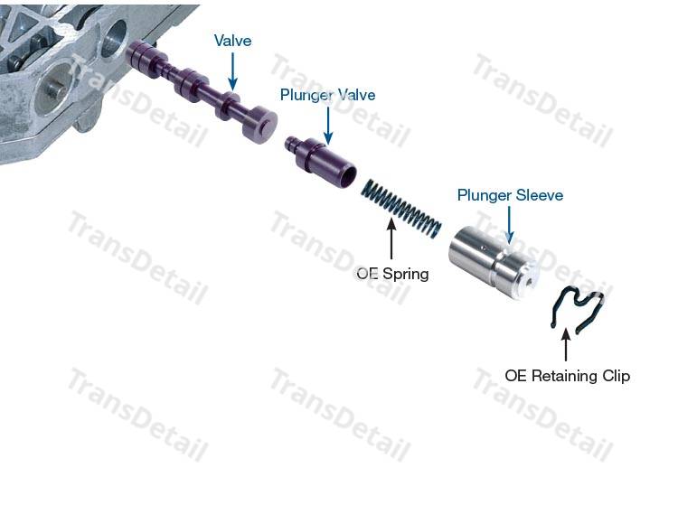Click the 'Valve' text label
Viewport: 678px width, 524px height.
[x=232, y=41]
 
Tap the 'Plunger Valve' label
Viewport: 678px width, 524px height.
[x=328, y=95]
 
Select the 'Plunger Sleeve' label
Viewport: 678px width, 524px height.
[x=510, y=195]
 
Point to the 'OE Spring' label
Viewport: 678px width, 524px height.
[x=392, y=274]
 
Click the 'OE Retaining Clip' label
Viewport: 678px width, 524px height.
[x=568, y=376]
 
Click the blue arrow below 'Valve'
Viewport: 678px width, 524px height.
[x=232, y=71]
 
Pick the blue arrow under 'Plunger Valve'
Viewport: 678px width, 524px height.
[x=328, y=126]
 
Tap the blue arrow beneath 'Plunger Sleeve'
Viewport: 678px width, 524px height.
[x=510, y=225]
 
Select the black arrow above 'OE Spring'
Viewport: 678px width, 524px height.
[x=391, y=239]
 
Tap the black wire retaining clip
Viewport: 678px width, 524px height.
[x=578, y=309]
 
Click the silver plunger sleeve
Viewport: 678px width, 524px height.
[x=494, y=263]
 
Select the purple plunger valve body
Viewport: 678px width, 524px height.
[x=321, y=162]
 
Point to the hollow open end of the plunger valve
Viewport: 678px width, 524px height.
[x=348, y=176]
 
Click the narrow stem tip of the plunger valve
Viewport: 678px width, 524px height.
[x=290, y=142]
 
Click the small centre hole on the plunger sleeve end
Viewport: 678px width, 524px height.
[x=530, y=283]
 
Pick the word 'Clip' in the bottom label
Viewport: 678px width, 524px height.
[x=616, y=376]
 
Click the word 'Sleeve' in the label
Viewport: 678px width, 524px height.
[x=540, y=195]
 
